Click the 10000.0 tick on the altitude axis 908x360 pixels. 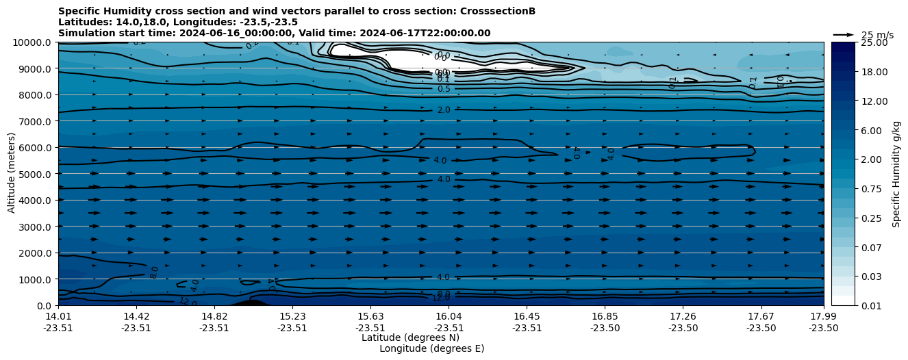[x=33, y=42]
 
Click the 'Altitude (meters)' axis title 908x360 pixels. [x=12, y=174]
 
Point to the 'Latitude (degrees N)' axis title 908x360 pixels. [x=410, y=337]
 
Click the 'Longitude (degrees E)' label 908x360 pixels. [x=431, y=348]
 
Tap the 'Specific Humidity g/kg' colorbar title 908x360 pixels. [x=896, y=174]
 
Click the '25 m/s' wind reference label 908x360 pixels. [x=877, y=35]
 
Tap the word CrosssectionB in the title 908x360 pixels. [x=501, y=11]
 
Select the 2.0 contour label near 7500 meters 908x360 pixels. [x=444, y=110]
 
